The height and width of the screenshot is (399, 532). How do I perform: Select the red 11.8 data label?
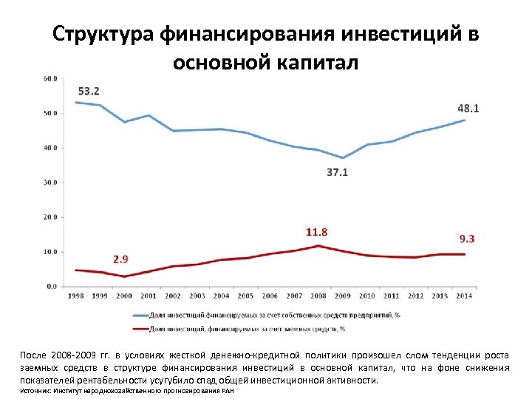(x=317, y=231)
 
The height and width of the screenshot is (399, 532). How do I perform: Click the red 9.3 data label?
(x=467, y=238)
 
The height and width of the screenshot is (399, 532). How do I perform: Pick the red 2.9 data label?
(x=121, y=259)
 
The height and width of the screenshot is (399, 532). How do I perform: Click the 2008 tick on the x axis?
(x=318, y=296)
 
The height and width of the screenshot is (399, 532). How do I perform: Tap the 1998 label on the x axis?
(x=75, y=296)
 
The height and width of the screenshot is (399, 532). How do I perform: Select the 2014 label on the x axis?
(x=464, y=296)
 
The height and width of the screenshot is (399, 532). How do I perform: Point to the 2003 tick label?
(x=197, y=296)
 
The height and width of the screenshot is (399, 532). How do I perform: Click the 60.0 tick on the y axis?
(x=50, y=78)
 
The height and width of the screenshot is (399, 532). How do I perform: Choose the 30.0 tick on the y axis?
(x=50, y=182)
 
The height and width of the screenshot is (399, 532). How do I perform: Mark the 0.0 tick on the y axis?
(x=52, y=286)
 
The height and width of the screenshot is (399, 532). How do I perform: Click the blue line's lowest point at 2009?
(x=343, y=157)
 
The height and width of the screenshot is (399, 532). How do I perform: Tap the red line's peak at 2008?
(x=318, y=245)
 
